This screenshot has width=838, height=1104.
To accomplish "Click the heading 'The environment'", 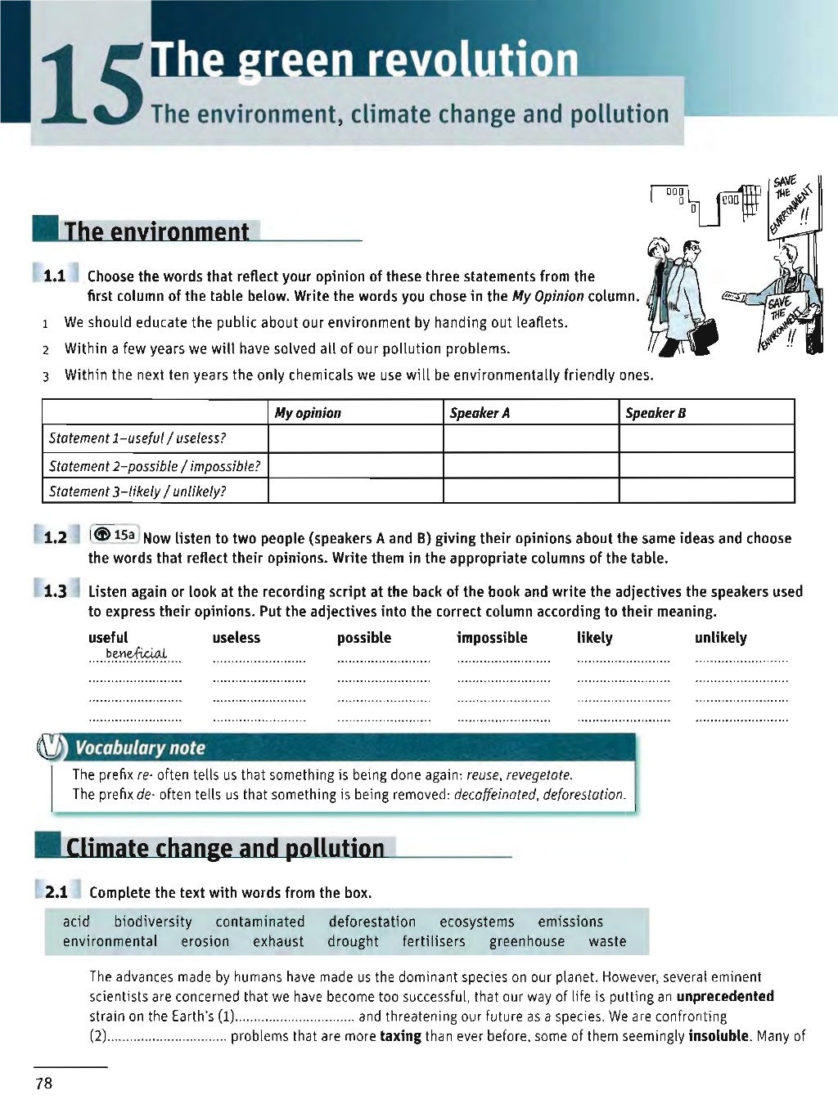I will (x=156, y=231).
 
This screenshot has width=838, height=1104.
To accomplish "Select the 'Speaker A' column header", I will (x=480, y=413).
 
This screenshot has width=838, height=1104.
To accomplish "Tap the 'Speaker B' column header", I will (x=656, y=413).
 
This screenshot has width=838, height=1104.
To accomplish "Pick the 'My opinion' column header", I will (x=308, y=413).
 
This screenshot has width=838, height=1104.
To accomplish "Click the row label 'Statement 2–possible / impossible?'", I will (x=155, y=466).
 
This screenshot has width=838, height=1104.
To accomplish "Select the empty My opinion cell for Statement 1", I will (x=355, y=438).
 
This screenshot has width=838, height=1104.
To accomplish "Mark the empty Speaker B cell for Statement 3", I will (x=706, y=491).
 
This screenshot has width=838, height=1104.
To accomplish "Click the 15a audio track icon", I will (x=114, y=535).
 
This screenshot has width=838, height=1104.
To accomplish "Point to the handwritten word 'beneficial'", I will (x=136, y=653).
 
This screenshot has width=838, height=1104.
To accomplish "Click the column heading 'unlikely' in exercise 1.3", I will (x=720, y=638).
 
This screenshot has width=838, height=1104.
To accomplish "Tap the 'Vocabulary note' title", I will (x=140, y=747).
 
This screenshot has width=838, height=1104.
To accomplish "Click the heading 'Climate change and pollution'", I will (x=225, y=848).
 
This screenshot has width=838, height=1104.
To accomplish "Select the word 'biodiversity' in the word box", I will (x=153, y=922).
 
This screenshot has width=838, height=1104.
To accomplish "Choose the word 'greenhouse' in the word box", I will (x=527, y=941).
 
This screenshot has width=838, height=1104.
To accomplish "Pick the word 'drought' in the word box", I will (x=353, y=941).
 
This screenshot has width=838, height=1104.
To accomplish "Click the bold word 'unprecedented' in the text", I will (x=724, y=996).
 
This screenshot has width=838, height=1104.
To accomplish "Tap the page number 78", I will (x=43, y=1084).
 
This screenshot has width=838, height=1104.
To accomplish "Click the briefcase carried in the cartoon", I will (x=704, y=332).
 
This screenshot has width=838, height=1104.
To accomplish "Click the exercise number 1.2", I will (x=56, y=537).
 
